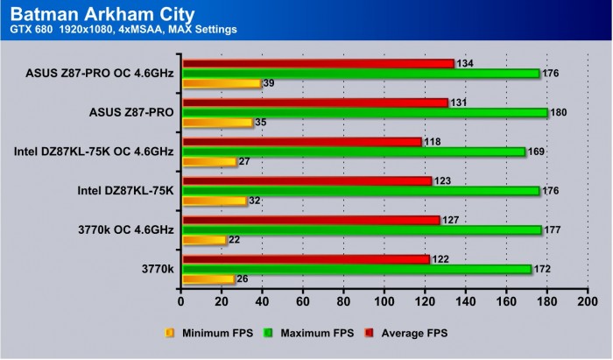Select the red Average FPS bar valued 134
(318, 63)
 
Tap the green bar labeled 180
(364, 112)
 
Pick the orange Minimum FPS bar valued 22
(204, 240)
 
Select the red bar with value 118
(301, 141)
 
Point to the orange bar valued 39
(222, 83)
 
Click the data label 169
(536, 152)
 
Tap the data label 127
(451, 220)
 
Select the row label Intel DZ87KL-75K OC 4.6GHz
(94, 152)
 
